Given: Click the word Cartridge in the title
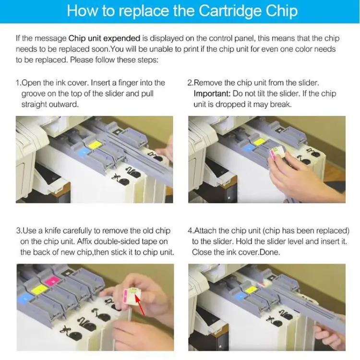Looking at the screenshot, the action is tap(230, 11).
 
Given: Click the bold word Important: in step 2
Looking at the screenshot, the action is tap(212, 94).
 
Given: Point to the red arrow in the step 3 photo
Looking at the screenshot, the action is tap(140, 305).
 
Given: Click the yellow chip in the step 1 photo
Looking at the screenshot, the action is tap(95, 145).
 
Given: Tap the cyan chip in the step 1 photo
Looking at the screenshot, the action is tap(84, 152).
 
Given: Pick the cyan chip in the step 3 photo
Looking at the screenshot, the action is tap(25, 299).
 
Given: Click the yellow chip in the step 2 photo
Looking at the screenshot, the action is tap(260, 142).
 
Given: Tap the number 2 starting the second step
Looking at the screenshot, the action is tap(190, 83).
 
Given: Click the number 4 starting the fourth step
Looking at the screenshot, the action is tap(190, 230).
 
